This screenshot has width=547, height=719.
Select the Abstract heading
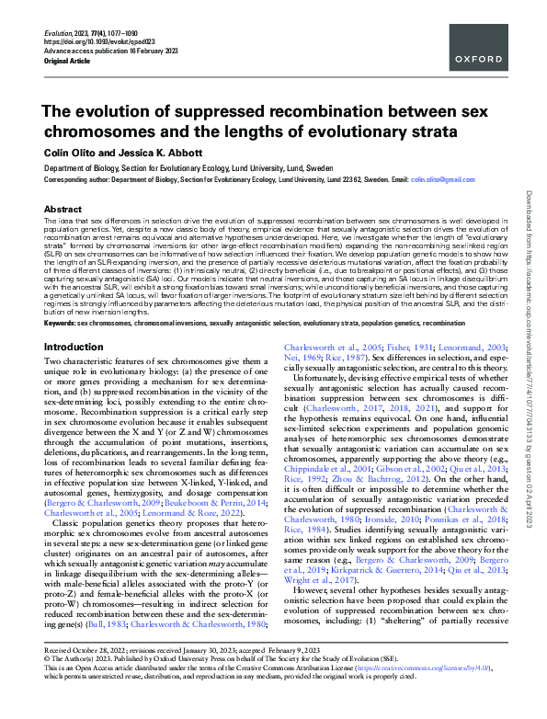coord(63,209)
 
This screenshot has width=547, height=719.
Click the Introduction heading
coord(74,296)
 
